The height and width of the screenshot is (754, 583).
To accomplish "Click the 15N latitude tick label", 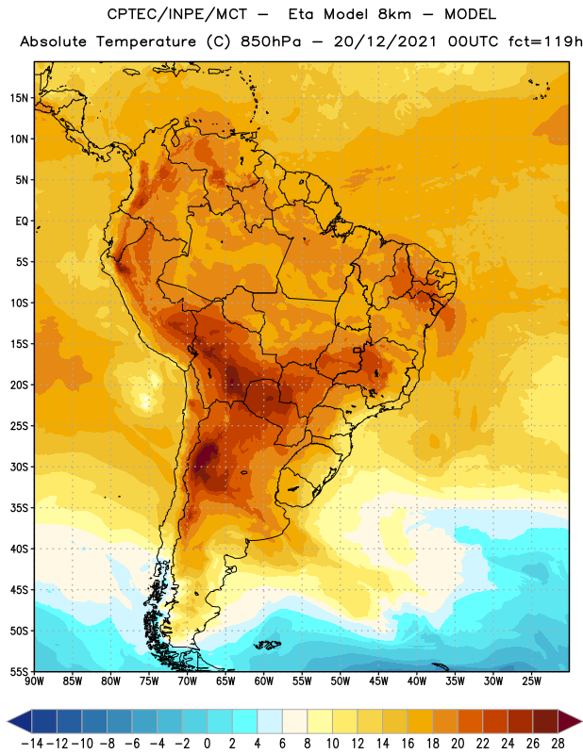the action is click(x=19, y=98).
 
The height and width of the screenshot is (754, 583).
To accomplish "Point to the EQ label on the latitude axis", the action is click(x=22, y=221).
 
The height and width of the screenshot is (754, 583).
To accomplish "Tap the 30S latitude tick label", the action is click(x=19, y=467).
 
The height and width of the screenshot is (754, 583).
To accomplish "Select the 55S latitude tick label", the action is click(x=19, y=671).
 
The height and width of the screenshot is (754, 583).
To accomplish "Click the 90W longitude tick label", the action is click(x=34, y=680).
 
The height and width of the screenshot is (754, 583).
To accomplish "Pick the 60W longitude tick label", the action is click(x=264, y=680).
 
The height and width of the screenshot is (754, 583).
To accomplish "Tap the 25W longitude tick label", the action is click(x=531, y=680).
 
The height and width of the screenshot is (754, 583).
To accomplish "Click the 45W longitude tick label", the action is click(x=378, y=680).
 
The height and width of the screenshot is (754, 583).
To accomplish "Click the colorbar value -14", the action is click(x=32, y=744).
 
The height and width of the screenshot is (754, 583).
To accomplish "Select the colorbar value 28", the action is click(x=558, y=744).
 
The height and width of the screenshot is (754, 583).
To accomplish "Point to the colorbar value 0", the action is click(x=207, y=744).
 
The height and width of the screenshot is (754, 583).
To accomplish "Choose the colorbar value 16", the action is click(x=408, y=744).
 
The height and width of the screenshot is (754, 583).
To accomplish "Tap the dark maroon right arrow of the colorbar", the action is click(x=570, y=721).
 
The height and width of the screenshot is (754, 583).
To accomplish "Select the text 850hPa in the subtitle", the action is click(x=271, y=41).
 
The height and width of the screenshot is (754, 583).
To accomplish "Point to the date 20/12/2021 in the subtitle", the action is click(x=385, y=41).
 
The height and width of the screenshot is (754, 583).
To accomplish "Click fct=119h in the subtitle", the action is click(x=545, y=41).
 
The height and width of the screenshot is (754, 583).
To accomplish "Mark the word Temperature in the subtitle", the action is click(x=146, y=42).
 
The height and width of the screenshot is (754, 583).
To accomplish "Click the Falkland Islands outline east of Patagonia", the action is click(x=268, y=645).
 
